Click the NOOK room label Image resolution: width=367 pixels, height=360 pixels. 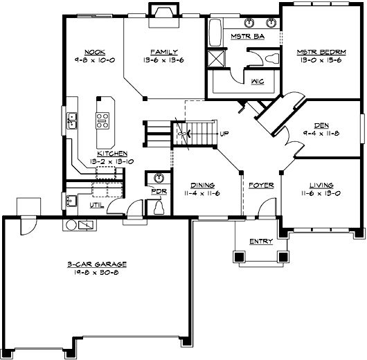94,52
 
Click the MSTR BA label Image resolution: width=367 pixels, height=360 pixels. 243,36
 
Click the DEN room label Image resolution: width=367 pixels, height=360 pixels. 321,125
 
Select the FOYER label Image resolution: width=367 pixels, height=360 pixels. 262,186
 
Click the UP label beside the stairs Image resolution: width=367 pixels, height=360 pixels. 224,134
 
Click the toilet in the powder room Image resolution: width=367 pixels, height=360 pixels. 159,207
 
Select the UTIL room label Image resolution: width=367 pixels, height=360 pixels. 96,206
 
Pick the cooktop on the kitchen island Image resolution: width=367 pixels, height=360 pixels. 103,120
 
